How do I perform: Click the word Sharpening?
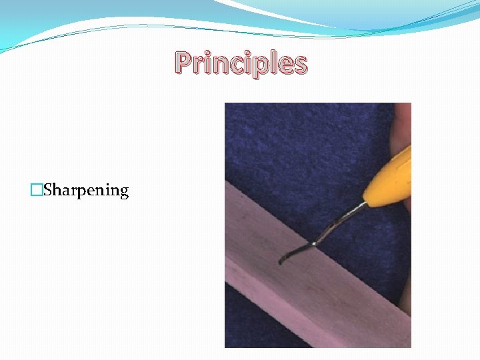tap(85, 191)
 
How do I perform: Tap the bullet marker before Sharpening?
tap(36, 191)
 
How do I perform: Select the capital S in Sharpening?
tap(48, 190)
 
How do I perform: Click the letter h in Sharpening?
tap(58, 190)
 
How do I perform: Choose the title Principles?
tap(241, 64)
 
